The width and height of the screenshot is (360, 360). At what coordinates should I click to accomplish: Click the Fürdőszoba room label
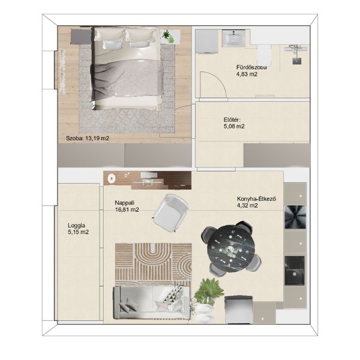pos(251,67)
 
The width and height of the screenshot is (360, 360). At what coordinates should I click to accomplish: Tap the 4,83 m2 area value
pos(247,74)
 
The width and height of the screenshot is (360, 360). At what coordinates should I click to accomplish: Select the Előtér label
pos(232,119)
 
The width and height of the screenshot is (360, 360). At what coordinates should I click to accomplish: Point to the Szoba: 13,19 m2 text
pos(88,138)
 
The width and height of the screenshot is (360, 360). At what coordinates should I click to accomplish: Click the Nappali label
pos(124,203)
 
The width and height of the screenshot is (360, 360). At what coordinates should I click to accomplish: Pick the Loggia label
pos(76,225)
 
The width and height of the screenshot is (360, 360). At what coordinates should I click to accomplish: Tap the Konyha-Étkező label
pos(256,199)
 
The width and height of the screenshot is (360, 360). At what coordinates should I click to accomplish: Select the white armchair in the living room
pos(170,212)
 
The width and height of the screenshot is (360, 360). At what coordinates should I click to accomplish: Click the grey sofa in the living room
pos(152,302)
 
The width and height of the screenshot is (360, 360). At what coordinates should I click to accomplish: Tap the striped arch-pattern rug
pos(154,264)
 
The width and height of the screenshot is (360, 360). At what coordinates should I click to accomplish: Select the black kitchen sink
pos(295,271)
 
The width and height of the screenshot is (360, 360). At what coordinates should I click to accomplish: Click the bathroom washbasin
pos(234,38)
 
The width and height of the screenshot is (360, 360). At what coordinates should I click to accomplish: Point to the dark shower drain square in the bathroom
pos(297,61)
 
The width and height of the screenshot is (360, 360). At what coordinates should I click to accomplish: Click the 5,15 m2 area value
pos(78,232)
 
